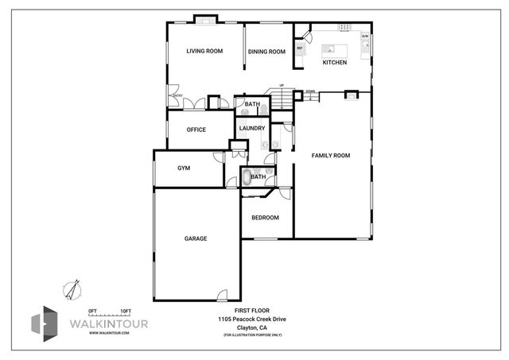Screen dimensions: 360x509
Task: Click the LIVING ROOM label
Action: [204, 52]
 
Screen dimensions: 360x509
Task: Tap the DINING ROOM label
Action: [266, 52]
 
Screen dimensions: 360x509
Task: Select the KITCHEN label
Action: [334, 62]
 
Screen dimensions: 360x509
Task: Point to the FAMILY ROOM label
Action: [331, 155]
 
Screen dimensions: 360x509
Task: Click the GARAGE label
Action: [196, 238]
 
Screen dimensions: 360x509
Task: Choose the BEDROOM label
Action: [265, 218]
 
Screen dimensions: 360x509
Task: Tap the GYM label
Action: [184, 168]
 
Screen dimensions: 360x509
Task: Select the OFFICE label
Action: [196, 130]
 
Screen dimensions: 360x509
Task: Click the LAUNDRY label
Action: [251, 128]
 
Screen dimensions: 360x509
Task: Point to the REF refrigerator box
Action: [300, 48]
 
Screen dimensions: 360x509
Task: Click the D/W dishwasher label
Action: [365, 37]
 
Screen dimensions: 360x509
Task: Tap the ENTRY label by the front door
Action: [177, 96]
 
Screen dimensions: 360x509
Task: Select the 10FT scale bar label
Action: [125, 310]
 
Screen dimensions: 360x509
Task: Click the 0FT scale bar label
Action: [92, 310]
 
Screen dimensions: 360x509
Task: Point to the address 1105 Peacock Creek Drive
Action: [251, 318]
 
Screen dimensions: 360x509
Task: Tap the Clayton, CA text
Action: [251, 327]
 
